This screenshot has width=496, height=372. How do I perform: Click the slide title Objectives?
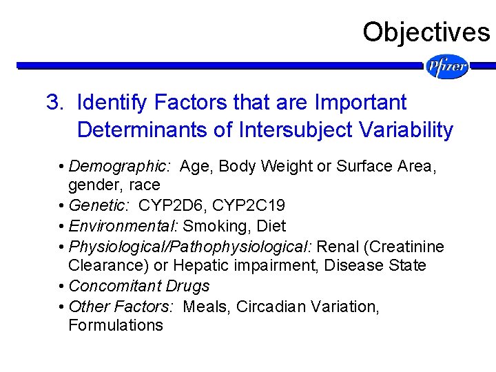click(426, 32)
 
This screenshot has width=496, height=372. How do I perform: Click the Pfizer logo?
click(447, 67)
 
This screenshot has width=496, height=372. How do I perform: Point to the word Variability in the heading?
click(411, 130)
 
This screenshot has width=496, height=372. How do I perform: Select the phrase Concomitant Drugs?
click(139, 286)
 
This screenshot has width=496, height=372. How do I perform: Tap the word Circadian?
click(269, 306)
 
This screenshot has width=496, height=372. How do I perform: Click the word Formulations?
click(116, 325)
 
